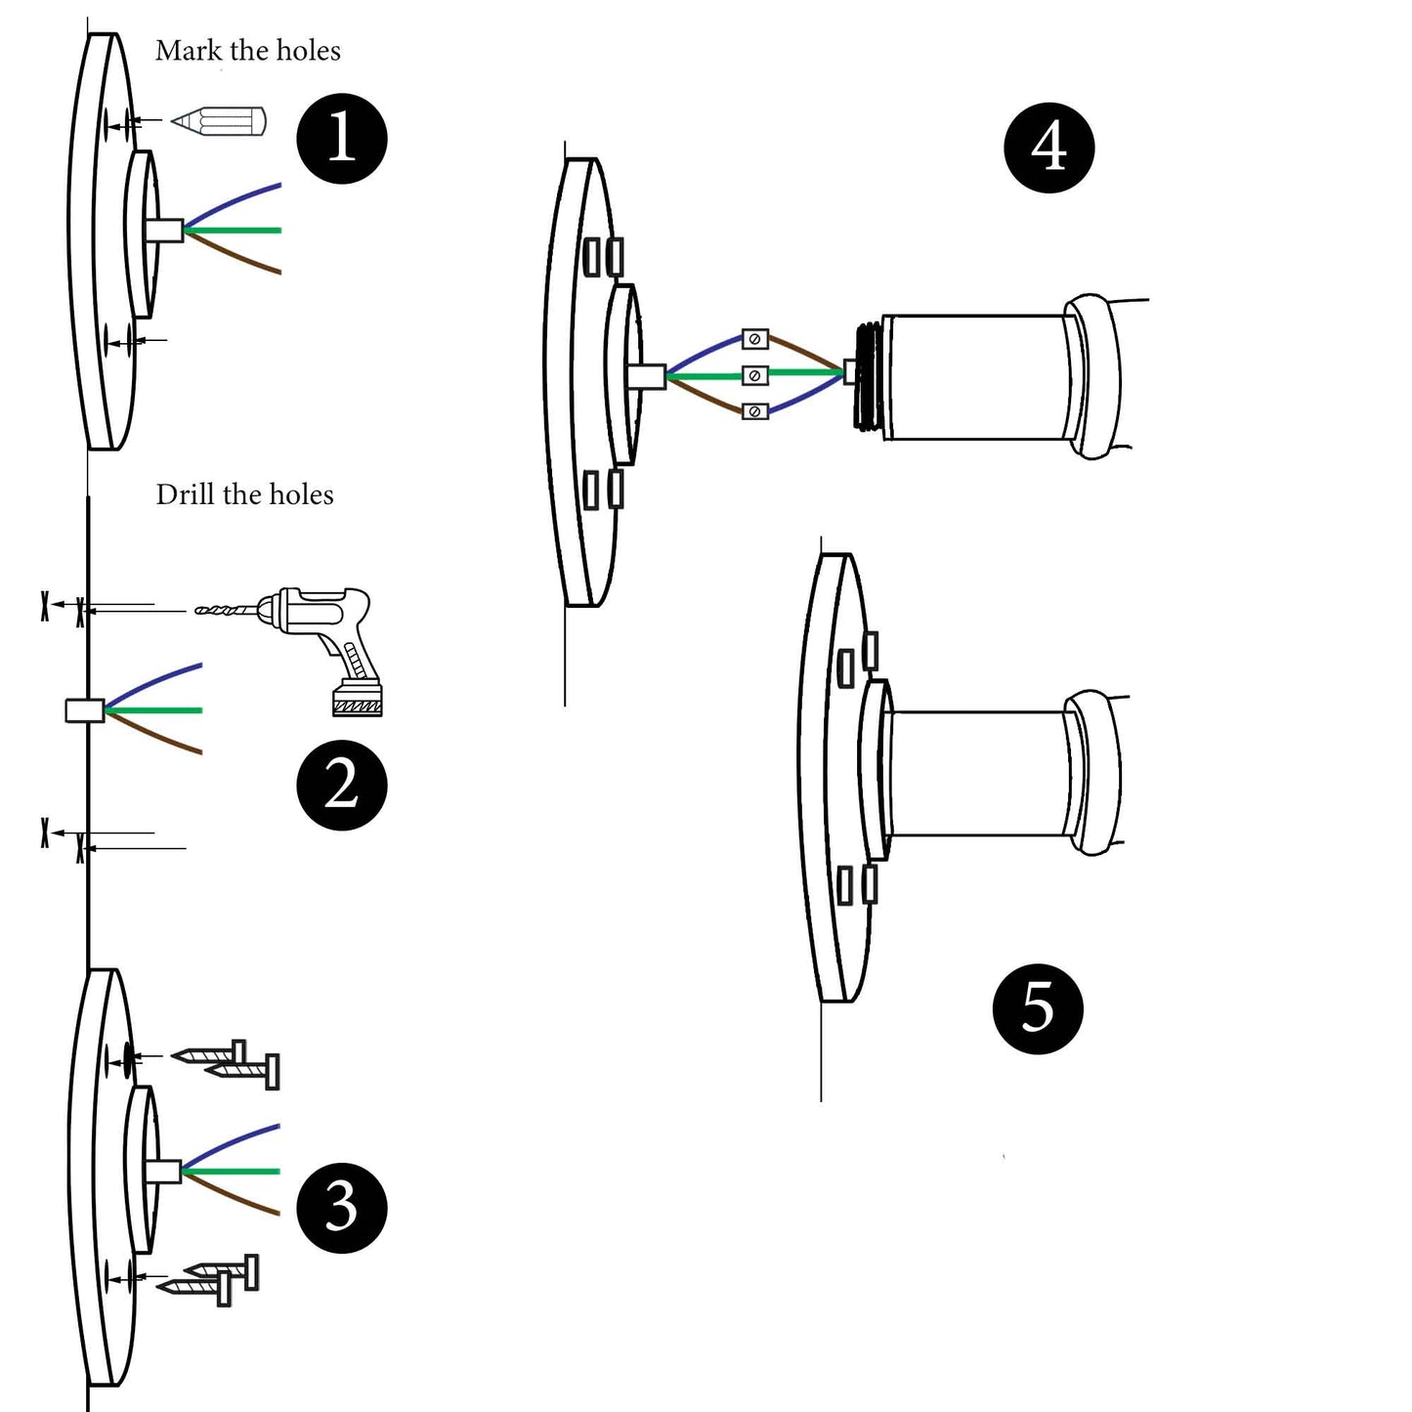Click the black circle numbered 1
342,138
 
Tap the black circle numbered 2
342,785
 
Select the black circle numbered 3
341,1207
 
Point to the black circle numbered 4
1048,148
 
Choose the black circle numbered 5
1037,1007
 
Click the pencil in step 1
220,122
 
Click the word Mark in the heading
188,51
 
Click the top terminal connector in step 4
754,339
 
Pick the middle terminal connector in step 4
754,375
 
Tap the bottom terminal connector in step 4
754,411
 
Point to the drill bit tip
200,611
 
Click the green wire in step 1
239,231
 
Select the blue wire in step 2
156,679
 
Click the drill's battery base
357,700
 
